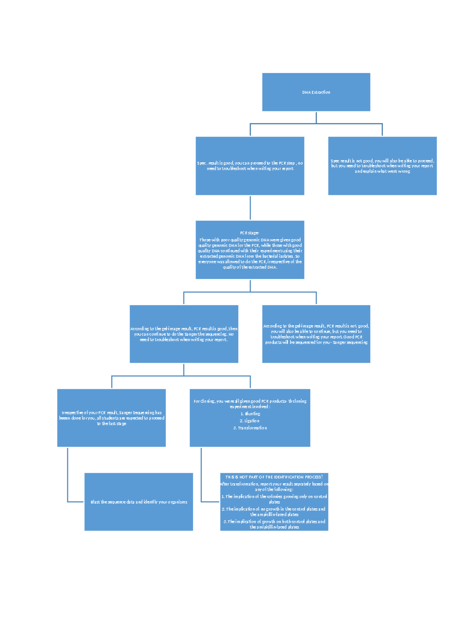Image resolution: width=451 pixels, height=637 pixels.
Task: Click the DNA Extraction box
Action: [316, 92]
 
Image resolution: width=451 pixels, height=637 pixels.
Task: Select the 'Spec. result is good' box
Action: [250, 166]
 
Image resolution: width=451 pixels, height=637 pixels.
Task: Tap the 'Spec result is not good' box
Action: [382, 166]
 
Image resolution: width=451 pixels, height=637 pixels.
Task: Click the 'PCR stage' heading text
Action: [250, 233]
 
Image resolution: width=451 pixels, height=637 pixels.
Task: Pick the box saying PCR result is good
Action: [184, 334]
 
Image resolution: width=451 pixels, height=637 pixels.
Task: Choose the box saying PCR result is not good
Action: [316, 334]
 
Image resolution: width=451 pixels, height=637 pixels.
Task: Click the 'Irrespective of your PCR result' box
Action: [112, 418]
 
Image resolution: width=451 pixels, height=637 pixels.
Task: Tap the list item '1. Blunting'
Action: [250, 414]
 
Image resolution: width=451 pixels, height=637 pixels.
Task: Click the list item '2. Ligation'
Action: [250, 421]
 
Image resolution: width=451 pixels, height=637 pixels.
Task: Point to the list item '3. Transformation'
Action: [250, 428]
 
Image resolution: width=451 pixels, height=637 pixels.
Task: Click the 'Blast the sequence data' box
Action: [139, 502]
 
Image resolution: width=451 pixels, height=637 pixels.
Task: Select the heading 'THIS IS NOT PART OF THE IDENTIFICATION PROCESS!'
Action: [274, 477]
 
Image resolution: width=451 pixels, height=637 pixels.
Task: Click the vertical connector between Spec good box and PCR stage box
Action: [250, 208]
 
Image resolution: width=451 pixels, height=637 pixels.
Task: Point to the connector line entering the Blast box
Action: [75, 501]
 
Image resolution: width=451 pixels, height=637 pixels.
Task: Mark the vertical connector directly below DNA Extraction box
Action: [316, 117]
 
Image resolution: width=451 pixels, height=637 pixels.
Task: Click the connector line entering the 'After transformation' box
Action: [210, 501]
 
